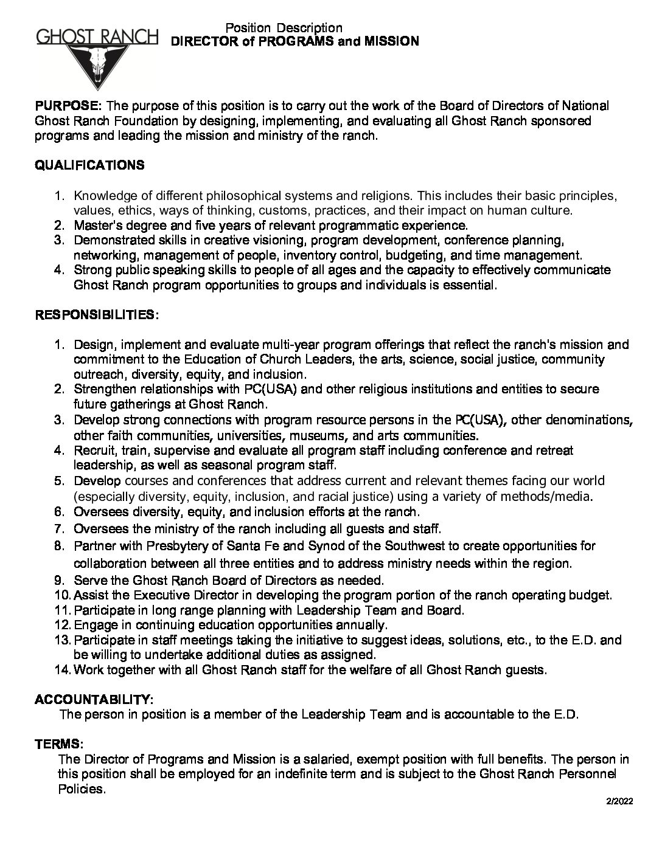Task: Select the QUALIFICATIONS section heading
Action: click(89, 165)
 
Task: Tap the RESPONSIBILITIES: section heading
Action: click(97, 315)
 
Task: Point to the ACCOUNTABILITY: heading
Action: click(94, 699)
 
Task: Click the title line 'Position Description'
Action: click(284, 27)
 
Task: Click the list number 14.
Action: click(63, 670)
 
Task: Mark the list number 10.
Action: click(63, 595)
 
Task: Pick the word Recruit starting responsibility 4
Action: click(93, 450)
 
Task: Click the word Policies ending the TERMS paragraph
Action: click(80, 789)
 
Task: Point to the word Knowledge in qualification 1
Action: click(100, 196)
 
